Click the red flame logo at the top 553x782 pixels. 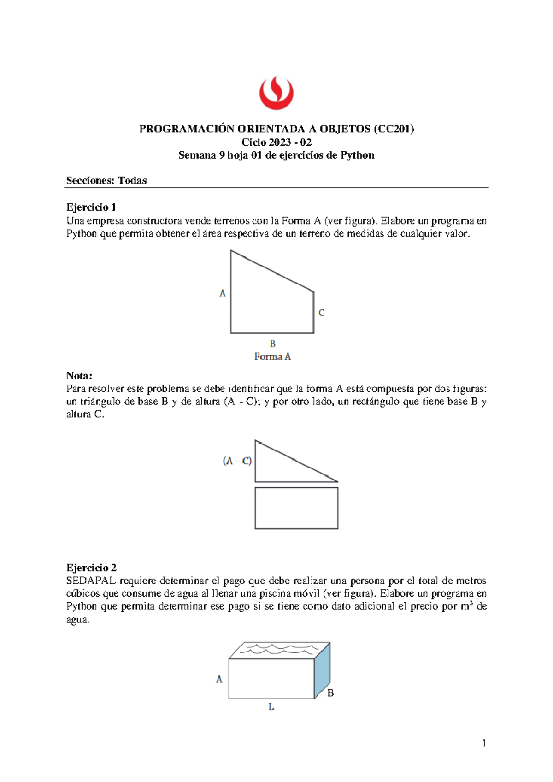point(276,93)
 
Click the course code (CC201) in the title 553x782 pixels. point(394,129)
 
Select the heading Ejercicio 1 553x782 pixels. point(91,207)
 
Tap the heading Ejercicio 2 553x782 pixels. point(91,568)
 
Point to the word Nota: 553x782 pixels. point(79,375)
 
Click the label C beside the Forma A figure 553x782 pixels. point(321,313)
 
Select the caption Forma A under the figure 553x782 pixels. point(272,356)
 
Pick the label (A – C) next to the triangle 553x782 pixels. point(237,461)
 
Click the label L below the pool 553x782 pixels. point(271,706)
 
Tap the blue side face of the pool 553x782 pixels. point(323,671)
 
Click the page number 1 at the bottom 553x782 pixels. point(484,743)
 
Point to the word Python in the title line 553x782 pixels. point(357,155)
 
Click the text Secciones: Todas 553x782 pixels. point(106,181)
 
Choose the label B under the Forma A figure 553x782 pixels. point(272,344)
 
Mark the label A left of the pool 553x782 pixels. point(219,679)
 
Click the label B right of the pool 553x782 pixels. point(330,693)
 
